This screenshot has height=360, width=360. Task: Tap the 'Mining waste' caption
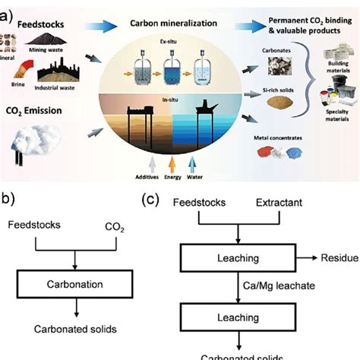pyautogui.click(x=65, y=48)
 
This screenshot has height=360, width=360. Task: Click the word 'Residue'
pyautogui.click(x=340, y=258)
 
